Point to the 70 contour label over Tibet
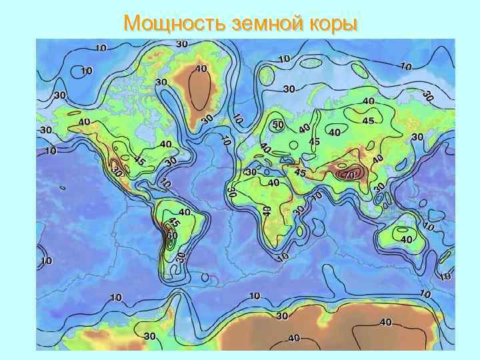347,175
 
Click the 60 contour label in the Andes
172,235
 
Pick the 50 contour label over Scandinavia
278,125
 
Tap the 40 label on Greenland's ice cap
201,68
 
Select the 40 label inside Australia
406,239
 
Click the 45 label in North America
139,161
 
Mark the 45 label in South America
174,223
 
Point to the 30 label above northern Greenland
181,44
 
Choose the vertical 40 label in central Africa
267,211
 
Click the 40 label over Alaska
85,122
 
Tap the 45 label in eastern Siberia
368,121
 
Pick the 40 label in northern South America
185,212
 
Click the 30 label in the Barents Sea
289,89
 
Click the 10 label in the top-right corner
406,66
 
